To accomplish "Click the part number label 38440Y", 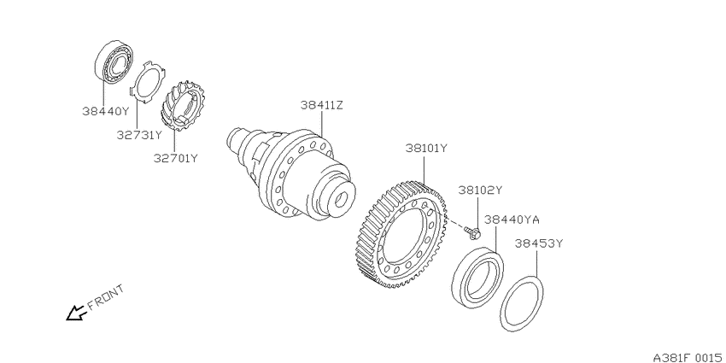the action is [106, 111].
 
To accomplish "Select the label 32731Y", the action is [139, 135].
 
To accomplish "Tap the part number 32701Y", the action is [176, 158].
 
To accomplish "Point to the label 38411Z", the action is [322, 105].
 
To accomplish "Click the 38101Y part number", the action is [427, 149].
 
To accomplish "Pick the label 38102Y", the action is [480, 190].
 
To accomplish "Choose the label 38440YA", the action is [512, 219].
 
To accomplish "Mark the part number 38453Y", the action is [538, 243].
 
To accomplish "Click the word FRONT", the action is [106, 296].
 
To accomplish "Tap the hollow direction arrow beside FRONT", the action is [76, 313].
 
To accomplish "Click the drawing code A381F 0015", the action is [689, 357].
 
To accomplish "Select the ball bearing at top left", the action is [114, 62].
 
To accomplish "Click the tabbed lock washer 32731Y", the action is [147, 82].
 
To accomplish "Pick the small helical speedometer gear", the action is [183, 106].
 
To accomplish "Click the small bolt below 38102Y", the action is [473, 233].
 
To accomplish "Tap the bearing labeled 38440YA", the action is [477, 277].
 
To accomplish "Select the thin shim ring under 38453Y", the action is [522, 303].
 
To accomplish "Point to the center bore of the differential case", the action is [341, 200].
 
